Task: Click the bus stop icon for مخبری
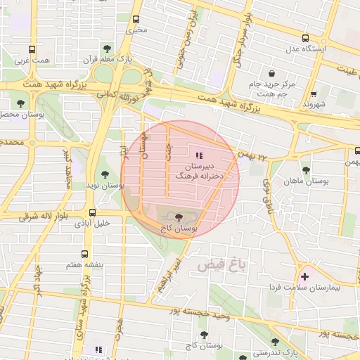click(136, 19)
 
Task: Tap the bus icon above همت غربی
click(32, 50)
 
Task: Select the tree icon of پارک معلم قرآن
click(106, 49)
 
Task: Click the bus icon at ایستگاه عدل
click(304, 38)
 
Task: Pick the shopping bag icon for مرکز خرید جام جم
click(271, 73)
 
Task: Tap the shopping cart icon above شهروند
click(314, 93)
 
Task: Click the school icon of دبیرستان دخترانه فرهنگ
click(199, 155)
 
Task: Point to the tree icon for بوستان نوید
click(104, 173)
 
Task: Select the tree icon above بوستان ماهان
click(305, 169)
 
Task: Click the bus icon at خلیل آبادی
click(93, 212)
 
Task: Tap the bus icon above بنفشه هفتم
click(85, 254)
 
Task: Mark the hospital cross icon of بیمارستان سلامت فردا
click(304, 276)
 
